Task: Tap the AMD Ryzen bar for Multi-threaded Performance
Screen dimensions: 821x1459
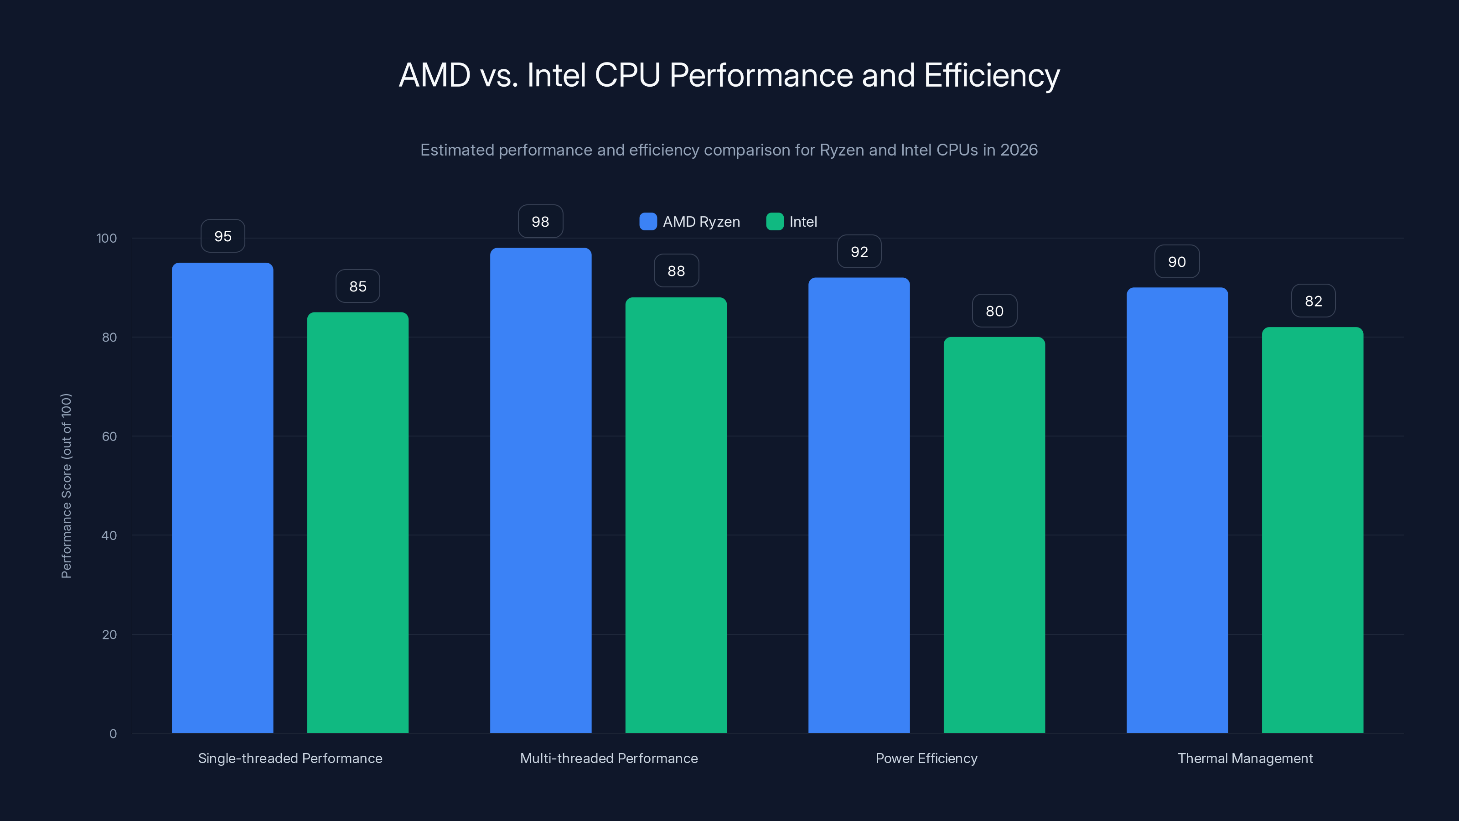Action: [540, 490]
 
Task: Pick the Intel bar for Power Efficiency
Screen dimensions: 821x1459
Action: [994, 535]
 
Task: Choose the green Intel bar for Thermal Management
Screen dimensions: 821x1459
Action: [1312, 530]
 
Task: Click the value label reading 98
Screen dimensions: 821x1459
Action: [540, 222]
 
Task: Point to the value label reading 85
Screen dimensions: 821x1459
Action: [357, 286]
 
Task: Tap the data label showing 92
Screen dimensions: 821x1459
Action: [859, 252]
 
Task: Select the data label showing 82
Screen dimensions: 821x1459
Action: [1313, 301]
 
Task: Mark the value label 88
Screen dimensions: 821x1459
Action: [676, 271]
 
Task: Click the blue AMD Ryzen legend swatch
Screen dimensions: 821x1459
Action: [648, 222]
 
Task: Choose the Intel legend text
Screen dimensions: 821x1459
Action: [802, 222]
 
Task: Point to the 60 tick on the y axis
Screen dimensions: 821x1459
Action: [109, 436]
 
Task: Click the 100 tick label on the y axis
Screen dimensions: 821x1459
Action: [107, 238]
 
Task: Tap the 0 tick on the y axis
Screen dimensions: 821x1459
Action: [113, 734]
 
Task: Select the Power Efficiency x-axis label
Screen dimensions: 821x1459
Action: [926, 758]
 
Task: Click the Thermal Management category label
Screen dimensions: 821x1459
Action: [1245, 758]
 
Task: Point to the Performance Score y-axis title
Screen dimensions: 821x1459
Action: [66, 486]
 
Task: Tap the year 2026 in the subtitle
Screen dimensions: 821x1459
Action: [1019, 150]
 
